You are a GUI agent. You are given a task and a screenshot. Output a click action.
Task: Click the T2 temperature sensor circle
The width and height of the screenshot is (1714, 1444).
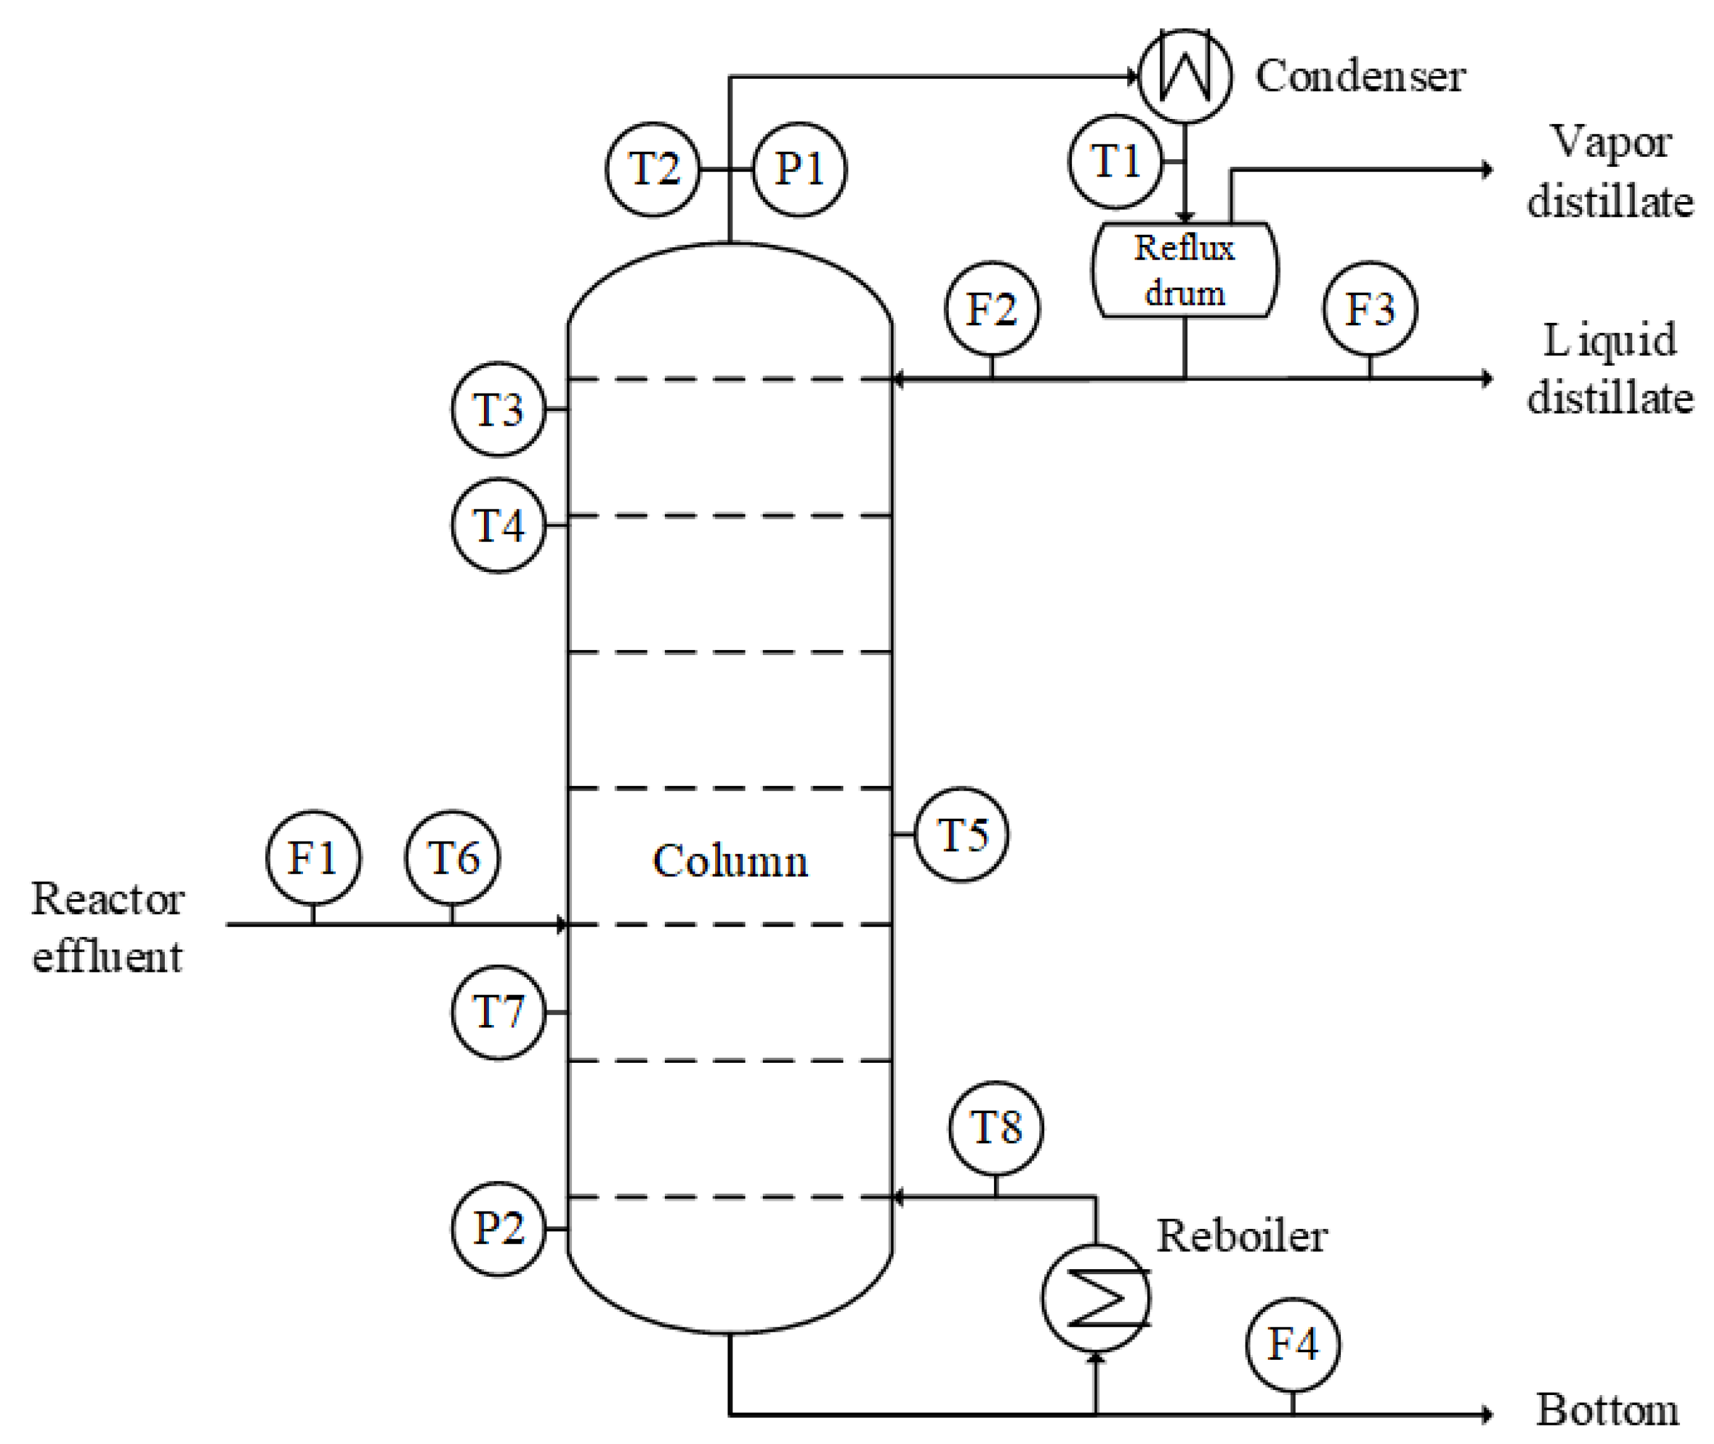coord(653,169)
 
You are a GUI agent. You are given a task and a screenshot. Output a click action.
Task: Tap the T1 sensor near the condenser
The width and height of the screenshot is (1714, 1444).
coord(1115,161)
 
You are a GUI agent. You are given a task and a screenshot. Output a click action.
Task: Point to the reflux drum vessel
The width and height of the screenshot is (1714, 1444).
coord(1184,270)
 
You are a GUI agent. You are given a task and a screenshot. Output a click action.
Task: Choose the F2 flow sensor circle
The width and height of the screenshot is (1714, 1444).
coord(991,309)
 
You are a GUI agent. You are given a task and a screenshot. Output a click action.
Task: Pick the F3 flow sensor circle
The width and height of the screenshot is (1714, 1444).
coord(1369,309)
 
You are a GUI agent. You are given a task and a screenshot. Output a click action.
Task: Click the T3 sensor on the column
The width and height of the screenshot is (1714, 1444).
coord(498,408)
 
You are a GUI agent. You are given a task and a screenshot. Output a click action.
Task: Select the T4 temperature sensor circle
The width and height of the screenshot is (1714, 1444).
coord(498,525)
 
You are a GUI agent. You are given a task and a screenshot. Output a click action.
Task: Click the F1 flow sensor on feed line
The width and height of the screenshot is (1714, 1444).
coord(313,857)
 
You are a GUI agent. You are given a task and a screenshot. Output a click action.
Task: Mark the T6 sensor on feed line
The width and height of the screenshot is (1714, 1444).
coord(452,857)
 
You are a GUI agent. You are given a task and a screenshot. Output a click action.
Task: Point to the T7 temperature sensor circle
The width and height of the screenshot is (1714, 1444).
coord(498,1012)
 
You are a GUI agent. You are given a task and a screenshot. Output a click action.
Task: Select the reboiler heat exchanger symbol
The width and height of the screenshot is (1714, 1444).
coord(1095,1298)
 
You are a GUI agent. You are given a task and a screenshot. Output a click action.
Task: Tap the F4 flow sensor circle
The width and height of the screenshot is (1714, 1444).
coord(1293,1344)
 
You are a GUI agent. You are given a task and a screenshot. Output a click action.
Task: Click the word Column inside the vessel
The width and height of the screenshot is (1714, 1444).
coord(729,861)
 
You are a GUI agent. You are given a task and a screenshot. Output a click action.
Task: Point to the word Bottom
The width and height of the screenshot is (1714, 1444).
coord(1607,1410)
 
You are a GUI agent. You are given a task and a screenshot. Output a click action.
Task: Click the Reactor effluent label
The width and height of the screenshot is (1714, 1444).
coord(107,928)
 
